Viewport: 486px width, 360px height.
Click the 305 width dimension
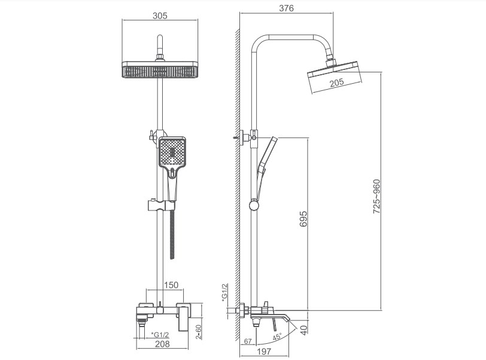point(160,16)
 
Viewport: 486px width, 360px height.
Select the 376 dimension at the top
point(286,8)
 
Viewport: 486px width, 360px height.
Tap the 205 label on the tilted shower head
point(336,83)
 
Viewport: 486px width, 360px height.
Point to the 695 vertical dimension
point(303,219)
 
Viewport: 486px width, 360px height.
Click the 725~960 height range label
point(376,196)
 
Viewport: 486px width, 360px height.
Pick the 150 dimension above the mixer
point(171,285)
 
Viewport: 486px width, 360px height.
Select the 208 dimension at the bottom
point(162,344)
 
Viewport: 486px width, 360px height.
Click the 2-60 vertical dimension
point(198,332)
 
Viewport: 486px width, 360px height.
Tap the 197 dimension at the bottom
point(264,351)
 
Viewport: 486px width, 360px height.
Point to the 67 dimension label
point(248,341)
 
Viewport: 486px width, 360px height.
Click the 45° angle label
point(277,337)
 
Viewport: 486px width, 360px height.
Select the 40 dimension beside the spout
point(304,330)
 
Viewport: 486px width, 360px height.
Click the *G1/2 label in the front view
point(160,335)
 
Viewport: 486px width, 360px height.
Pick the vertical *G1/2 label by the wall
point(224,292)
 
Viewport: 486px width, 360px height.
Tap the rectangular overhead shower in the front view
point(160,70)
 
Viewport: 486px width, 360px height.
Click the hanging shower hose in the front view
point(172,234)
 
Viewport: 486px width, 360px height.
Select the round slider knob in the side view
point(254,205)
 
